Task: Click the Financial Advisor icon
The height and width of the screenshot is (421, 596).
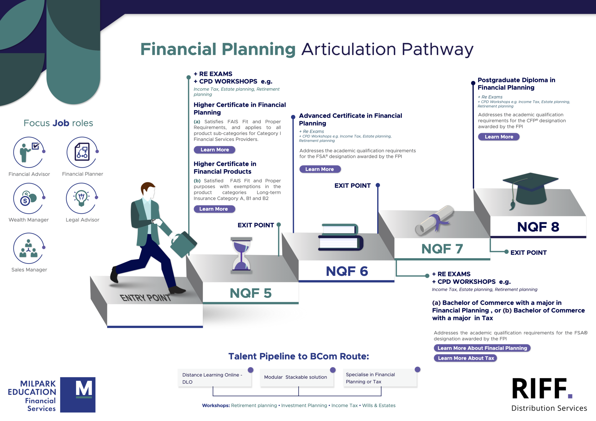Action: (x=29, y=152)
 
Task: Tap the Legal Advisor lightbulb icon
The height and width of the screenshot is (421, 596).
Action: (x=81, y=198)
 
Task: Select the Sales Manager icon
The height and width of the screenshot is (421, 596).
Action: (x=29, y=248)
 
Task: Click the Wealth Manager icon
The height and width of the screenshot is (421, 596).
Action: (x=29, y=198)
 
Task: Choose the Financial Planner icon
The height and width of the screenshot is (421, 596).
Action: (x=82, y=152)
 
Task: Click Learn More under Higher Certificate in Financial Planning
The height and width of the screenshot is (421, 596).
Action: (x=214, y=150)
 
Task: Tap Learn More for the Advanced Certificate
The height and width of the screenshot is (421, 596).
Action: (x=320, y=169)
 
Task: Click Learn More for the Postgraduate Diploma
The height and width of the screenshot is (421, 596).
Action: (x=499, y=137)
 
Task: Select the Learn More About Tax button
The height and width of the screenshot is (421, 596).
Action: (x=466, y=358)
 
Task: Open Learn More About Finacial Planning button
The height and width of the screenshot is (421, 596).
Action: (x=482, y=348)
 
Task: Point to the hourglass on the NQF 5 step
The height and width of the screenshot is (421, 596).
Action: (x=241, y=255)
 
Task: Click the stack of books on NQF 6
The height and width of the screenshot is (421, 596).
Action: (x=341, y=237)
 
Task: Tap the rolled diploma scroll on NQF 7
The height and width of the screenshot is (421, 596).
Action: (x=434, y=220)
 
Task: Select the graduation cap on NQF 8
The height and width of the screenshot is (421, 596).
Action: (x=531, y=189)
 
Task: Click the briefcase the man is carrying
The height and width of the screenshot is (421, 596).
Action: (x=183, y=244)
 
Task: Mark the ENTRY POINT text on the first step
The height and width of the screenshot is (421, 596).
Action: (x=145, y=298)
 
